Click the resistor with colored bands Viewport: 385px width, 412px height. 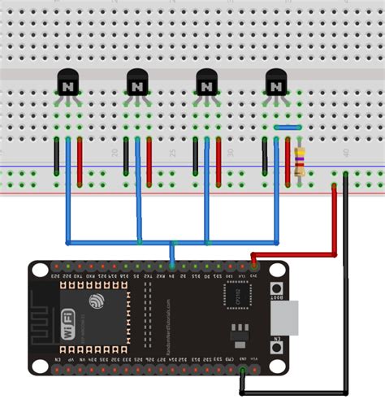point(301,161)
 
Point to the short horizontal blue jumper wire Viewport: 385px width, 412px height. point(288,127)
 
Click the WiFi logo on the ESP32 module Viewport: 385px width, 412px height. point(68,324)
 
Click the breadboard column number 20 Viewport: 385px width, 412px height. point(114,153)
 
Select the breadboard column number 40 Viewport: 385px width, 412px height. point(346,153)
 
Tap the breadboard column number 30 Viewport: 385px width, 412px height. point(230,153)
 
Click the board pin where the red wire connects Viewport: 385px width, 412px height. point(253,266)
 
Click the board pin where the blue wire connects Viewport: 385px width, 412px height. point(172,266)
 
